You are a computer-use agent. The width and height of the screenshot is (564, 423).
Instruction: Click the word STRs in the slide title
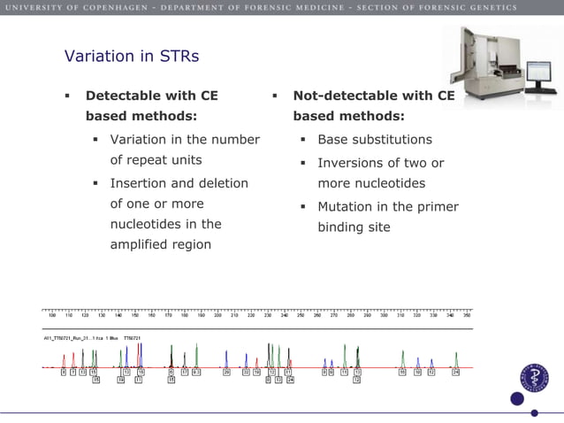[x=179, y=57]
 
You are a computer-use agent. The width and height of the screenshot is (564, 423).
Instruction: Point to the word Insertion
[x=141, y=183]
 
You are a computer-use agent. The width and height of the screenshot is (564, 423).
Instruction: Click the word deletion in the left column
[x=222, y=183]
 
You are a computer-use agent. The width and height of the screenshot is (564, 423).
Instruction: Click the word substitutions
[x=392, y=140]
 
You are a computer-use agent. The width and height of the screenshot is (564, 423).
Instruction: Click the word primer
[x=438, y=207]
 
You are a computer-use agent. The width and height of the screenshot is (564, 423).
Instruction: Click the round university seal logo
[x=534, y=378]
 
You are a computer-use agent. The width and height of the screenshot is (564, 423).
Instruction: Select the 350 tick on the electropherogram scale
[x=467, y=314]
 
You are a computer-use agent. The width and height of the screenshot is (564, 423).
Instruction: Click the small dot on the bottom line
[x=534, y=412]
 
